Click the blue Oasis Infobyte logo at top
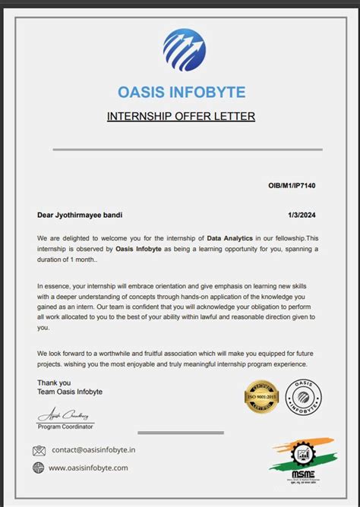coord(184,49)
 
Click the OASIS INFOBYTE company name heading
coord(182,93)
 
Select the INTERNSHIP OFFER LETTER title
coord(181,116)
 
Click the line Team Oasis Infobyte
coord(69,392)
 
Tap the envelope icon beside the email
coord(39,450)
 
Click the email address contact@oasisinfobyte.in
coord(93,450)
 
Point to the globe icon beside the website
coord(39,468)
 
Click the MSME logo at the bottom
coord(301,459)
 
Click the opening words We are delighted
coord(68,238)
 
